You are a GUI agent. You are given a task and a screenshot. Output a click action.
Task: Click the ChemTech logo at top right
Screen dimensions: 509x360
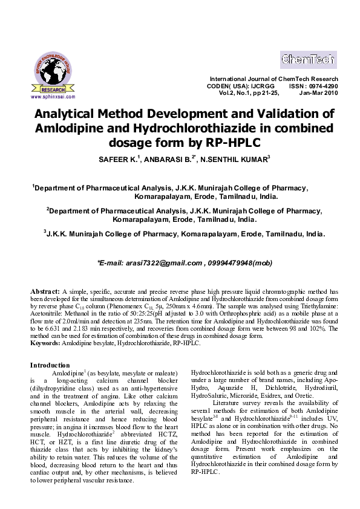(309, 60)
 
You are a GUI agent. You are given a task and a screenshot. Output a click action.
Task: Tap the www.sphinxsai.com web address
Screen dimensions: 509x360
(53, 97)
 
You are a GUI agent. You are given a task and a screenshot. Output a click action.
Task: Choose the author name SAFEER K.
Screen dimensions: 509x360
(113, 160)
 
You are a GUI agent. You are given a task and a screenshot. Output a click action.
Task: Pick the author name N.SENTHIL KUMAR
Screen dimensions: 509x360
(237, 160)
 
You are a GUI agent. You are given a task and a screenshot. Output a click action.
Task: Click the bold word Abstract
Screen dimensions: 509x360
(45, 291)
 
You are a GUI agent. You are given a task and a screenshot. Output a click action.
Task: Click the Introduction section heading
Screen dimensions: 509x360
(50, 365)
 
